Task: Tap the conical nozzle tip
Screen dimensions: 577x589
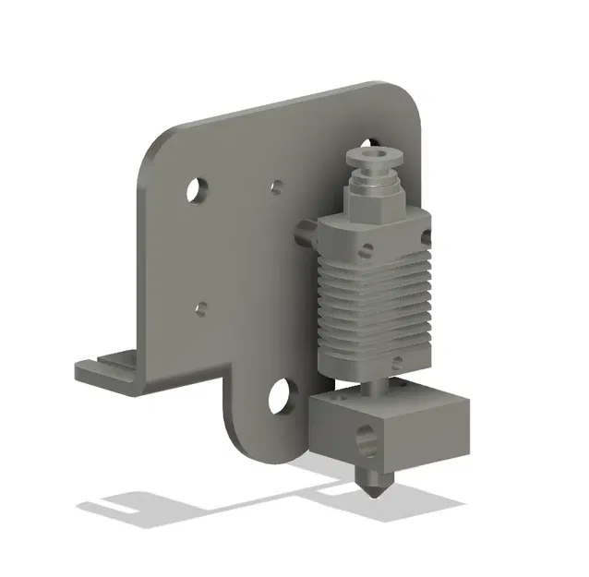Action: pyautogui.click(x=375, y=486)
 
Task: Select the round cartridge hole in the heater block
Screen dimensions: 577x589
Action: pyautogui.click(x=369, y=443)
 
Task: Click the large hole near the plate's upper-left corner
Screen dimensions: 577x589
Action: pyautogui.click(x=196, y=191)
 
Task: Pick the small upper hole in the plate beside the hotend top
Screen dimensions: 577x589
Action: pyautogui.click(x=276, y=187)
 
